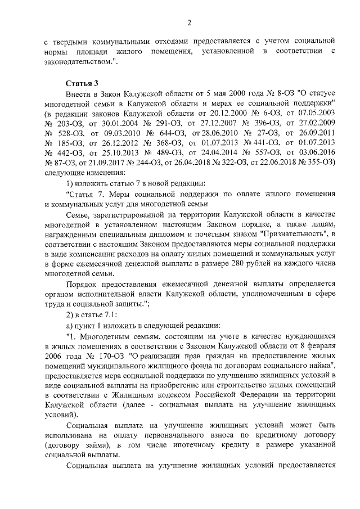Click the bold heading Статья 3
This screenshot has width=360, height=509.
click(82, 83)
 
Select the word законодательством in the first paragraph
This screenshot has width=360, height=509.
click(80, 62)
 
